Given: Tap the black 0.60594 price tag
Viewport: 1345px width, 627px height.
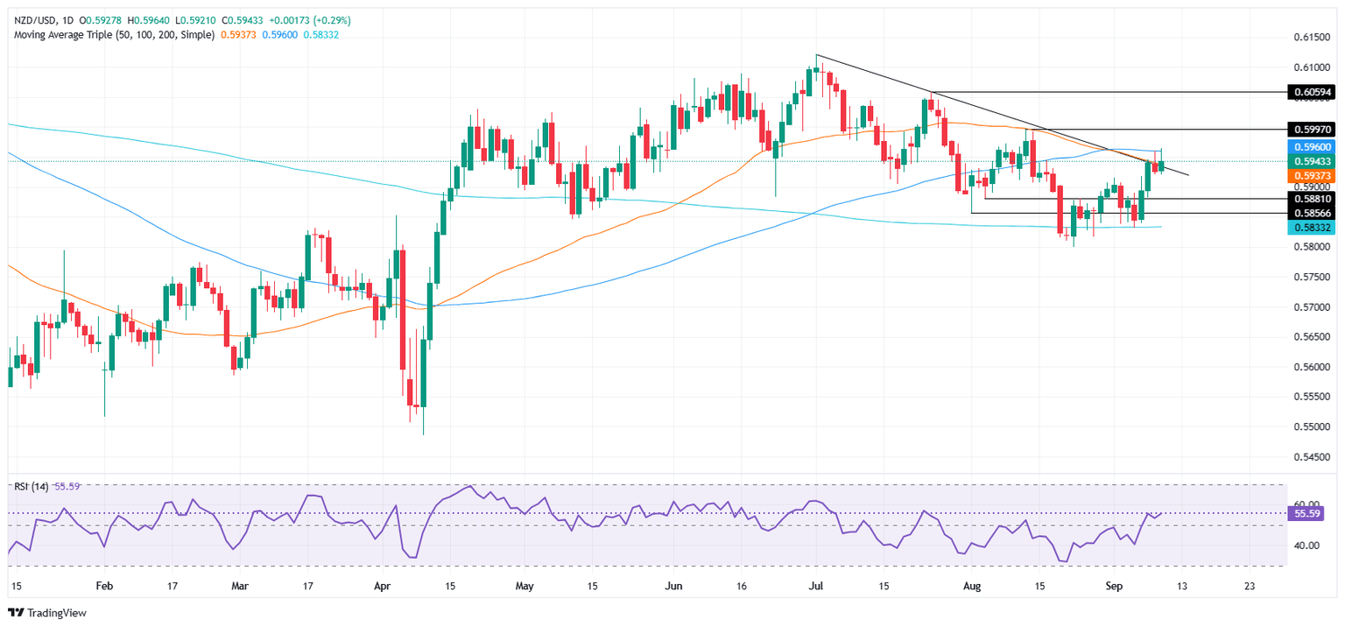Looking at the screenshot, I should tap(1313, 92).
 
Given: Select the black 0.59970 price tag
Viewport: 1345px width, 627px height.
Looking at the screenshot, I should tap(1313, 130).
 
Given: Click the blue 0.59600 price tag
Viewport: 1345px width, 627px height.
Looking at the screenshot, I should tap(1313, 149).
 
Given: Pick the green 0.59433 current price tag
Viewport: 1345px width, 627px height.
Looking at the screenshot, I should tap(1313, 162).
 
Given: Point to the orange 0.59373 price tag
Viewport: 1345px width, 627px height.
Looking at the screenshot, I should tap(1313, 175).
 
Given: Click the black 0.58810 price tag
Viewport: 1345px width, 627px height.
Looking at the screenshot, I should tap(1313, 199).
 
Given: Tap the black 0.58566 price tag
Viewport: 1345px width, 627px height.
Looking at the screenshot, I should tap(1313, 213).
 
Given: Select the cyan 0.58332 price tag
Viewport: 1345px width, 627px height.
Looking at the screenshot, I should tap(1313, 227).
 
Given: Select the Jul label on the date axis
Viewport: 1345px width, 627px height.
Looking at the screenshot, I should tap(816, 586).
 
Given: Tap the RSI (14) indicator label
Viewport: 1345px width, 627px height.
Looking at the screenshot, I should tap(28, 486).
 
